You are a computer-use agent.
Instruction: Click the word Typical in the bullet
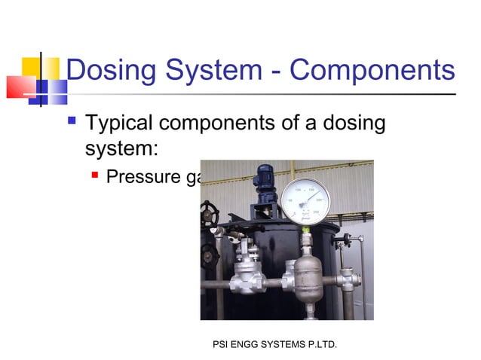pyautogui.click(x=124, y=122)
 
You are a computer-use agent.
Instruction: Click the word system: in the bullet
pyautogui.click(x=121, y=148)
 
